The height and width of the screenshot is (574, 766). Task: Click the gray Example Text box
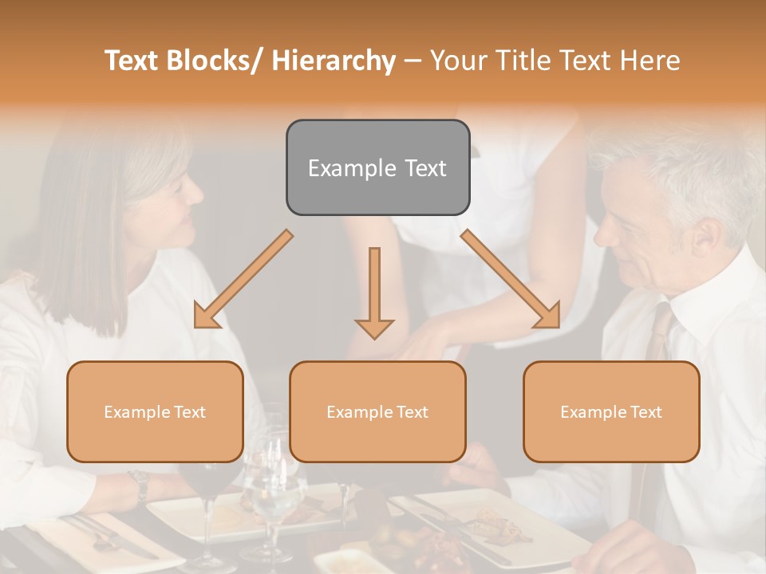point(377,167)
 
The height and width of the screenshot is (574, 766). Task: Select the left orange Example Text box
point(155,411)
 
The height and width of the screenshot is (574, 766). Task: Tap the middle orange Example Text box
point(377,411)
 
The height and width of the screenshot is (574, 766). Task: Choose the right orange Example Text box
point(611,411)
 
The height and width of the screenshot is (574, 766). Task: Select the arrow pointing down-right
point(511,279)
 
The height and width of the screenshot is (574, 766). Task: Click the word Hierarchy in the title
point(334,61)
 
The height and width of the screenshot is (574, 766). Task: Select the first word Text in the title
point(133,61)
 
